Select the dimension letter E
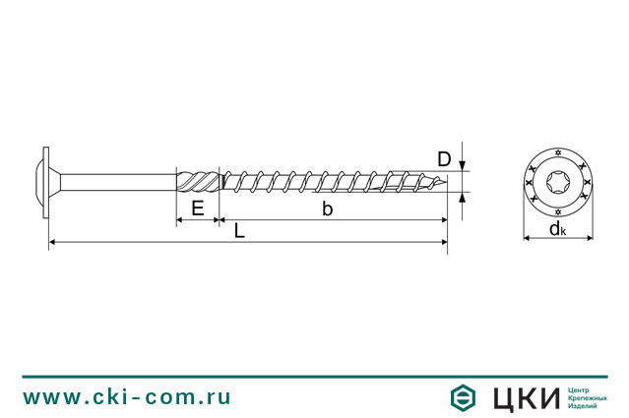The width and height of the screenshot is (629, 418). [x=197, y=209]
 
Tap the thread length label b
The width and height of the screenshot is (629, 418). [x=328, y=209]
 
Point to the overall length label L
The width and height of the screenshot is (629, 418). [x=240, y=231]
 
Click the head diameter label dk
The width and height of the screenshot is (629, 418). [x=557, y=230]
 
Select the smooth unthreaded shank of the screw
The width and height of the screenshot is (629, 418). [x=118, y=182]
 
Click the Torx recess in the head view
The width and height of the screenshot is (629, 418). [x=558, y=182]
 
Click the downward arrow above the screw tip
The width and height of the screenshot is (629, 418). [x=462, y=166]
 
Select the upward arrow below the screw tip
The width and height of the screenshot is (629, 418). [x=462, y=197]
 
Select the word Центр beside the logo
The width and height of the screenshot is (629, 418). [x=582, y=388]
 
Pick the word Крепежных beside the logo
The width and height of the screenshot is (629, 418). [x=588, y=397]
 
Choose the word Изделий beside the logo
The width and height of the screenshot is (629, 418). [x=584, y=407]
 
